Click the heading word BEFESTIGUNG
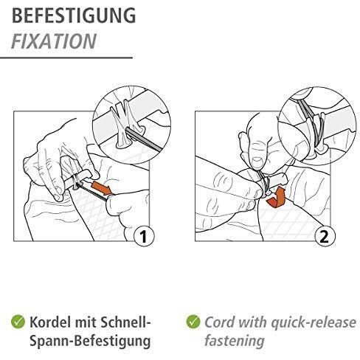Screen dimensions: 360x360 pyautogui.click(x=74, y=15)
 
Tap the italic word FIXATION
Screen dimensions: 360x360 pyautogui.click(x=54, y=41)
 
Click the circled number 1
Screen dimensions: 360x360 pyautogui.click(x=144, y=236)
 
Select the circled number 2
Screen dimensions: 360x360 pyautogui.click(x=325, y=237)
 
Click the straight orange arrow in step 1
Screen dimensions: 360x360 pyautogui.click(x=101, y=187)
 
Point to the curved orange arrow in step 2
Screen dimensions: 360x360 pyautogui.click(x=276, y=197)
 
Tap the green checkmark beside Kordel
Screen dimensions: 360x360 pyautogui.click(x=18, y=322)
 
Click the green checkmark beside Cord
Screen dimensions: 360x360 pyautogui.click(x=193, y=322)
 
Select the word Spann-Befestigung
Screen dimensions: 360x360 pyautogui.click(x=90, y=341)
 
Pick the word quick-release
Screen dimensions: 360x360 pyautogui.click(x=314, y=323)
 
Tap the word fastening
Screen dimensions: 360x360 pyautogui.click(x=235, y=342)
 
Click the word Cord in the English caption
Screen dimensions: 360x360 pyautogui.click(x=219, y=322)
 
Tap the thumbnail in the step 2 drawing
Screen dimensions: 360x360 pyautogui.click(x=257, y=162)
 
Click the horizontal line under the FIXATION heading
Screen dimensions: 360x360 pyautogui.click(x=66, y=58)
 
